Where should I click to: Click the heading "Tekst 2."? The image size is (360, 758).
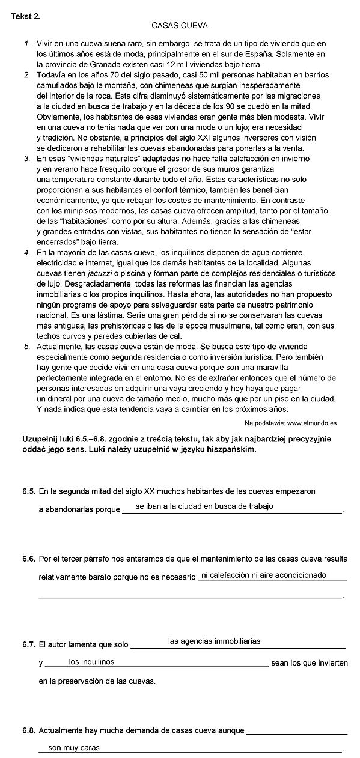pos(26,16)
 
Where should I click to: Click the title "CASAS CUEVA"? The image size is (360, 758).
pos(180,26)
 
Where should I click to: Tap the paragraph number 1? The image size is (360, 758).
pos(28,44)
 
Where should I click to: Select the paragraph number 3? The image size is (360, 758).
pos(28,159)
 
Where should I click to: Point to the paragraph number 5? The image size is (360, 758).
pos(28,347)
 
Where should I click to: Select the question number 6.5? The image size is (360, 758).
pos(29,491)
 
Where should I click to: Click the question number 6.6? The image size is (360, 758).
pos(29,559)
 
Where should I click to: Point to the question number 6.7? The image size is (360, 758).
pos(29,646)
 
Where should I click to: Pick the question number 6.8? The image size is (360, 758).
pos(29,731)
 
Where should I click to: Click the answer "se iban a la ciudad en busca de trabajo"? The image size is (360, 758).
pos(204,506)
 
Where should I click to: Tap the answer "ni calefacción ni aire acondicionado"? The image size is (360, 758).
pos(264,575)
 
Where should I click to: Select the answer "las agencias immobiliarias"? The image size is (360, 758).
pos(215,641)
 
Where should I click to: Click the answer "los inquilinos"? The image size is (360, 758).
pos(92,662)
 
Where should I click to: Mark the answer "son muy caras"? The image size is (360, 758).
pos(74,748)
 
